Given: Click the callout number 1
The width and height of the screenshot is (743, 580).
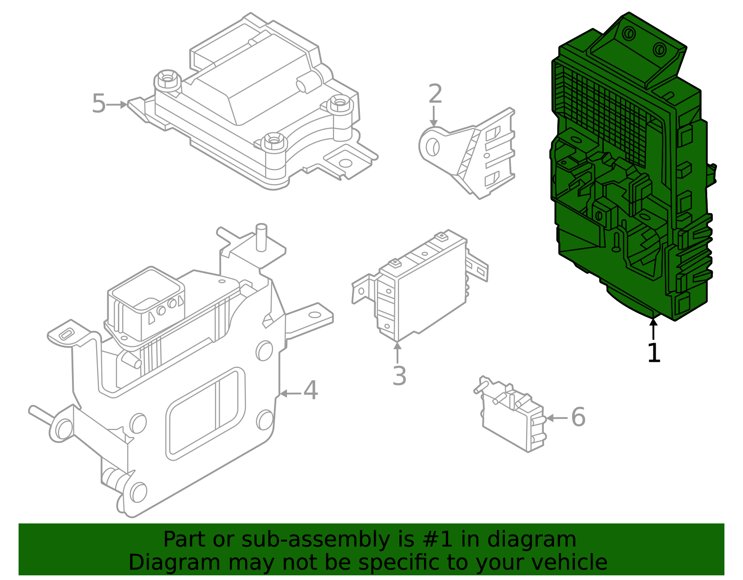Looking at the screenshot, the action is tap(654, 353).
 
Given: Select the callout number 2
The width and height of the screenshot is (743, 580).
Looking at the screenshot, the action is tap(435, 93).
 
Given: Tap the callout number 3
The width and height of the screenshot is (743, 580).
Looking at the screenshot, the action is tap(399, 376).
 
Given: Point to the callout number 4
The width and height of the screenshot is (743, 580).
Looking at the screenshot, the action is tap(311, 391).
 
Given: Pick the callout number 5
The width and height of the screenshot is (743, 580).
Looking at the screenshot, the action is tap(99, 103).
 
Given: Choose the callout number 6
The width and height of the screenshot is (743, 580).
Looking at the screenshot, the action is tap(578, 417).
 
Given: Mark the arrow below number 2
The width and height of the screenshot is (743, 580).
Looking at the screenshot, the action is tap(434, 117).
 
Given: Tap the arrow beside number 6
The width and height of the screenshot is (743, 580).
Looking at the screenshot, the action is tap(557, 418).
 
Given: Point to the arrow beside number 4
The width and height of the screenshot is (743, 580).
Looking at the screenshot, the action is tap(290, 394).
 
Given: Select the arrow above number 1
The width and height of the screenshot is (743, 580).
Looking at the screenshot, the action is tap(653, 329).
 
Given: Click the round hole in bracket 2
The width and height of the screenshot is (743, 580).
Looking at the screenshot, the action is tap(433, 147).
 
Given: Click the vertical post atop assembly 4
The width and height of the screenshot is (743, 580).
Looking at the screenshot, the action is tap(261, 237).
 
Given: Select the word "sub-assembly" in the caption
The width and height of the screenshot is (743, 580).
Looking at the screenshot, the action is tap(316, 540).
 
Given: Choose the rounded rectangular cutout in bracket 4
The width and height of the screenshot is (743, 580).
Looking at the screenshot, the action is tap(206, 414).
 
